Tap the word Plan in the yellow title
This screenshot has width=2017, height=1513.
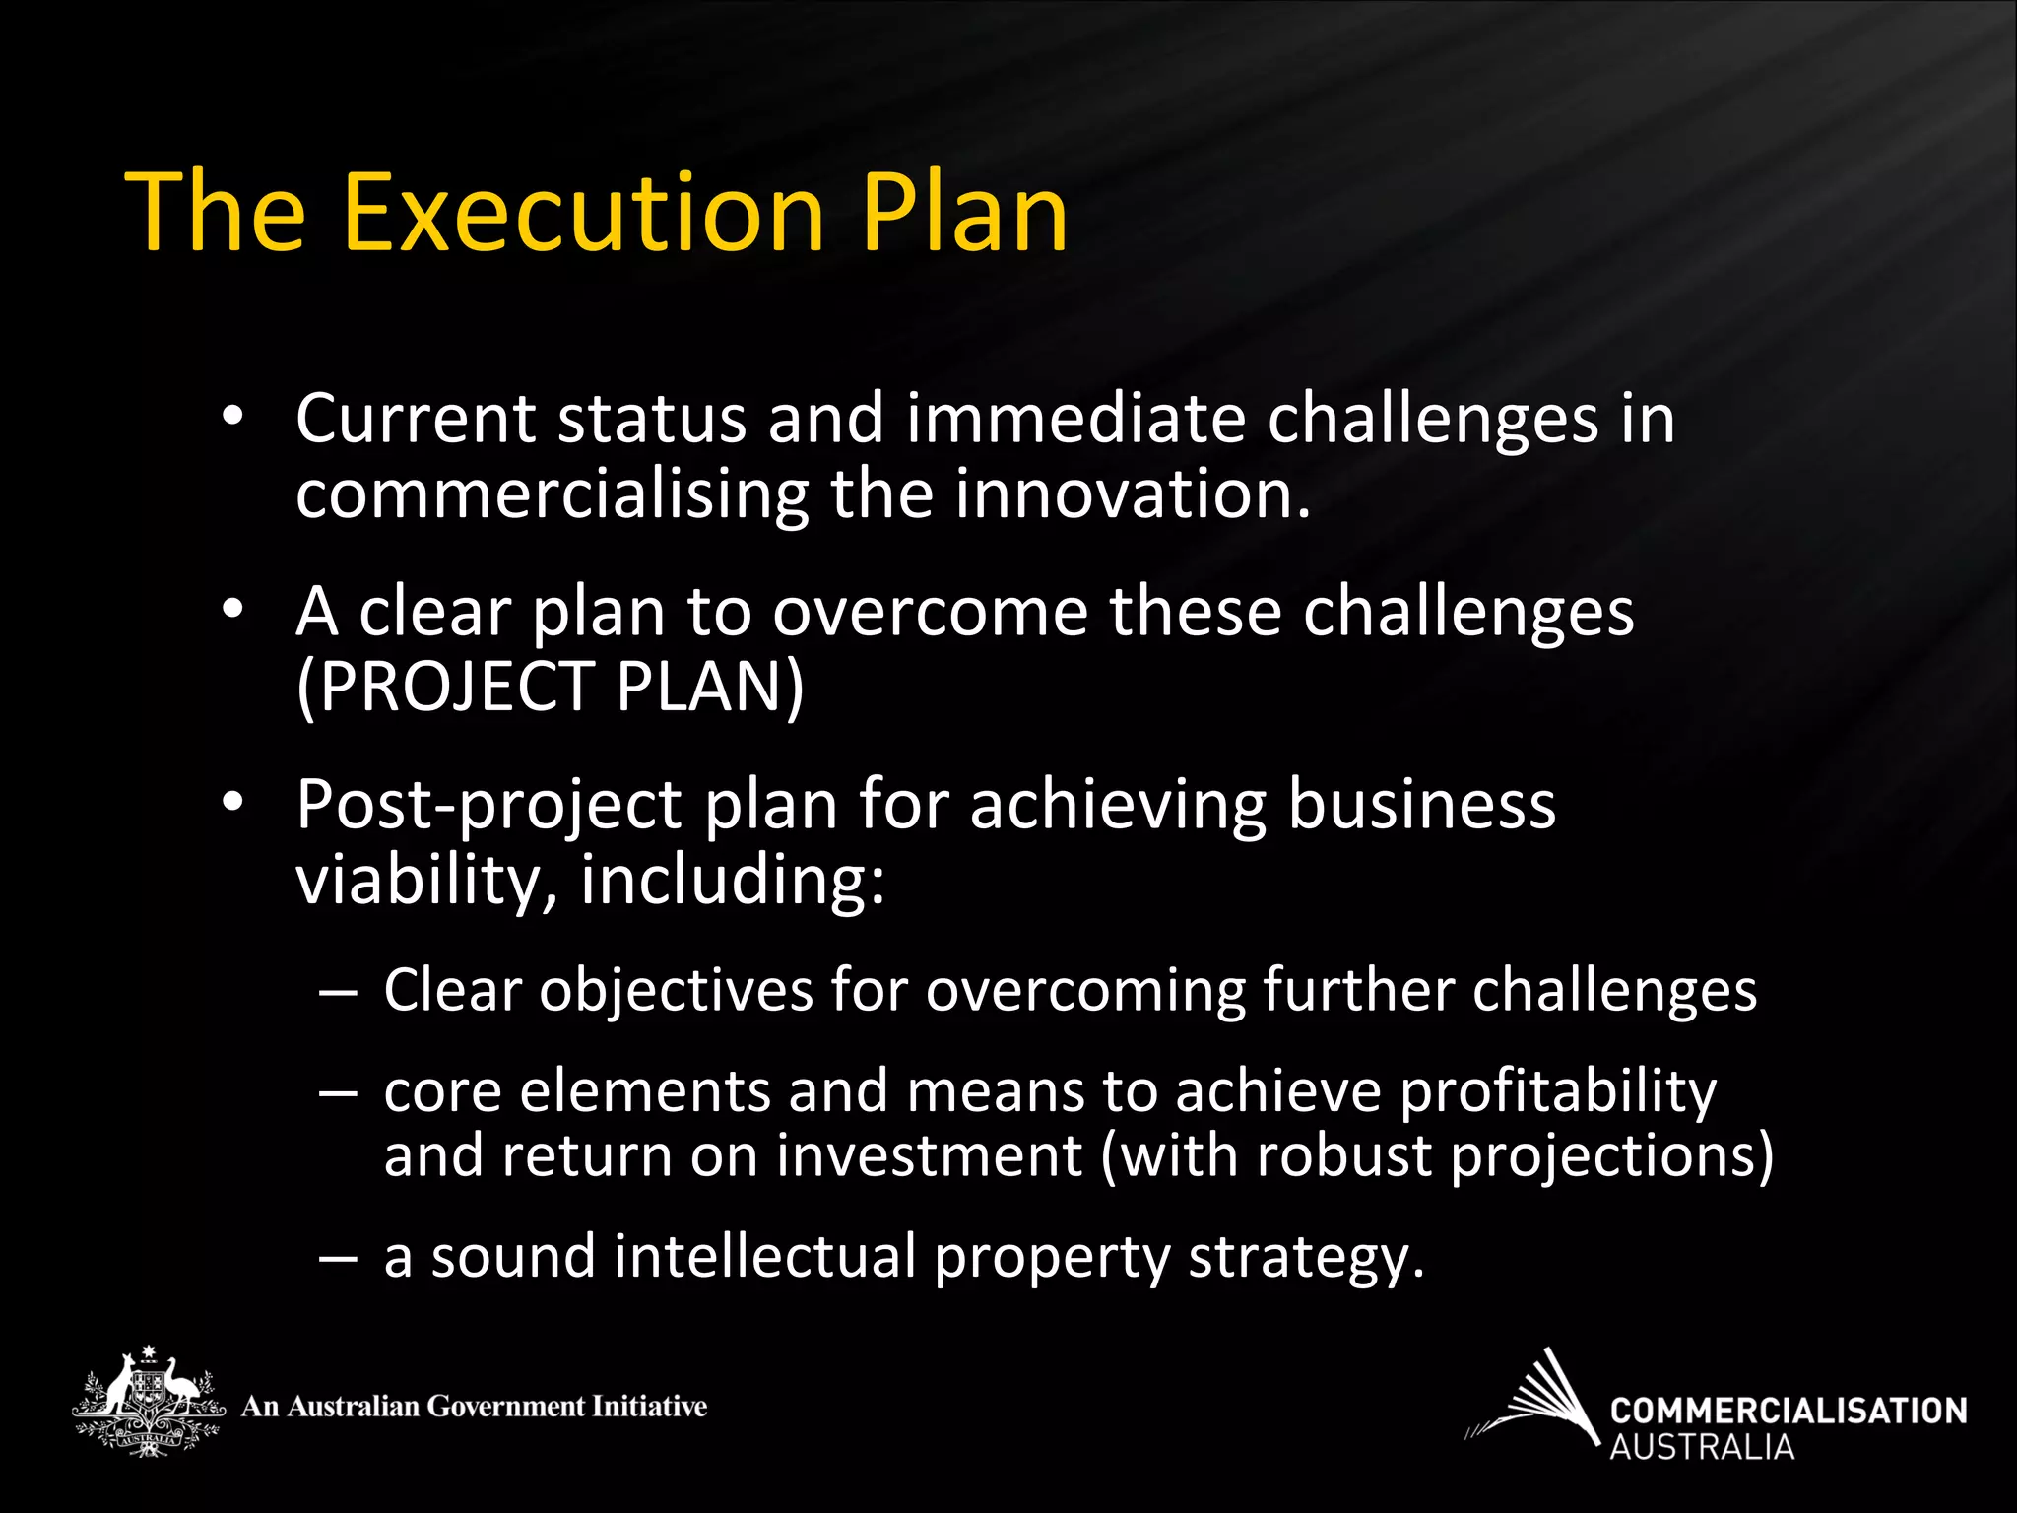(965, 213)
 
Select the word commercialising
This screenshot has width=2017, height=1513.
(552, 494)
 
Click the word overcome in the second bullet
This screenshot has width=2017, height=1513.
(930, 613)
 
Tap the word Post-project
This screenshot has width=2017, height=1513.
(488, 806)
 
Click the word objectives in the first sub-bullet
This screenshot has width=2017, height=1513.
(676, 990)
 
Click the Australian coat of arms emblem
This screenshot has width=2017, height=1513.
(148, 1402)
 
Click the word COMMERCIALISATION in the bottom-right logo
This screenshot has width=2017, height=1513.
(1788, 1411)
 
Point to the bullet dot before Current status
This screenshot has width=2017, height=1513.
(232, 417)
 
